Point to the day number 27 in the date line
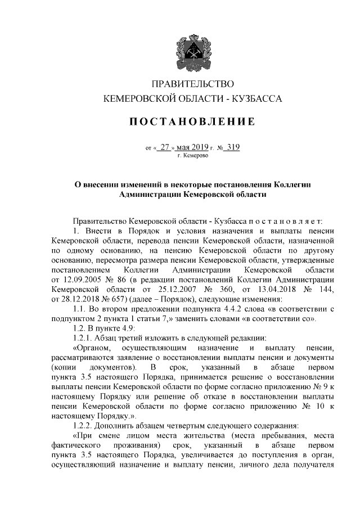point(164,148)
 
